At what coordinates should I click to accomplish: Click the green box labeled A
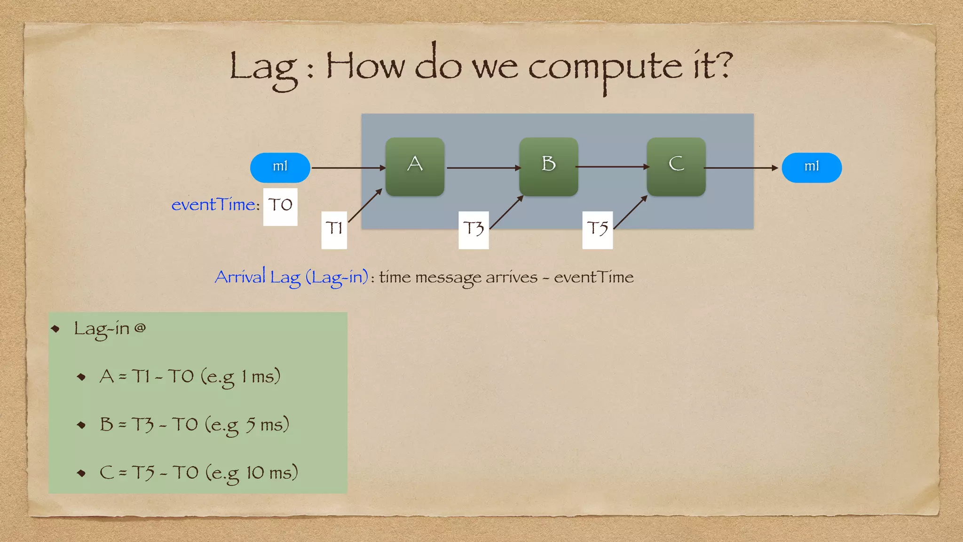(415, 167)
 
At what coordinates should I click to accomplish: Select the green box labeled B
(548, 167)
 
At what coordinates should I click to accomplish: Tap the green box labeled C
(676, 167)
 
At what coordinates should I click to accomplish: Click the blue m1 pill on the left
(280, 167)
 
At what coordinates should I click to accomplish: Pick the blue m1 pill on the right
(812, 167)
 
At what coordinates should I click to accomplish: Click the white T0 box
(280, 207)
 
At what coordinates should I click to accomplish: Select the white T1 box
(334, 230)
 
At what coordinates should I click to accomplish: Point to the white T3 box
(473, 230)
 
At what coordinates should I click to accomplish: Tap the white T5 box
(597, 230)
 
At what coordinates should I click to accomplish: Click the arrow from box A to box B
(482, 167)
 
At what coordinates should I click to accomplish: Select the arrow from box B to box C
(612, 167)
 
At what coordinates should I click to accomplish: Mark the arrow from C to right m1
(741, 167)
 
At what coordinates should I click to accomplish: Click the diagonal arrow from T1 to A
(365, 205)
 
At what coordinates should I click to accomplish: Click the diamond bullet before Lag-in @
(56, 328)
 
